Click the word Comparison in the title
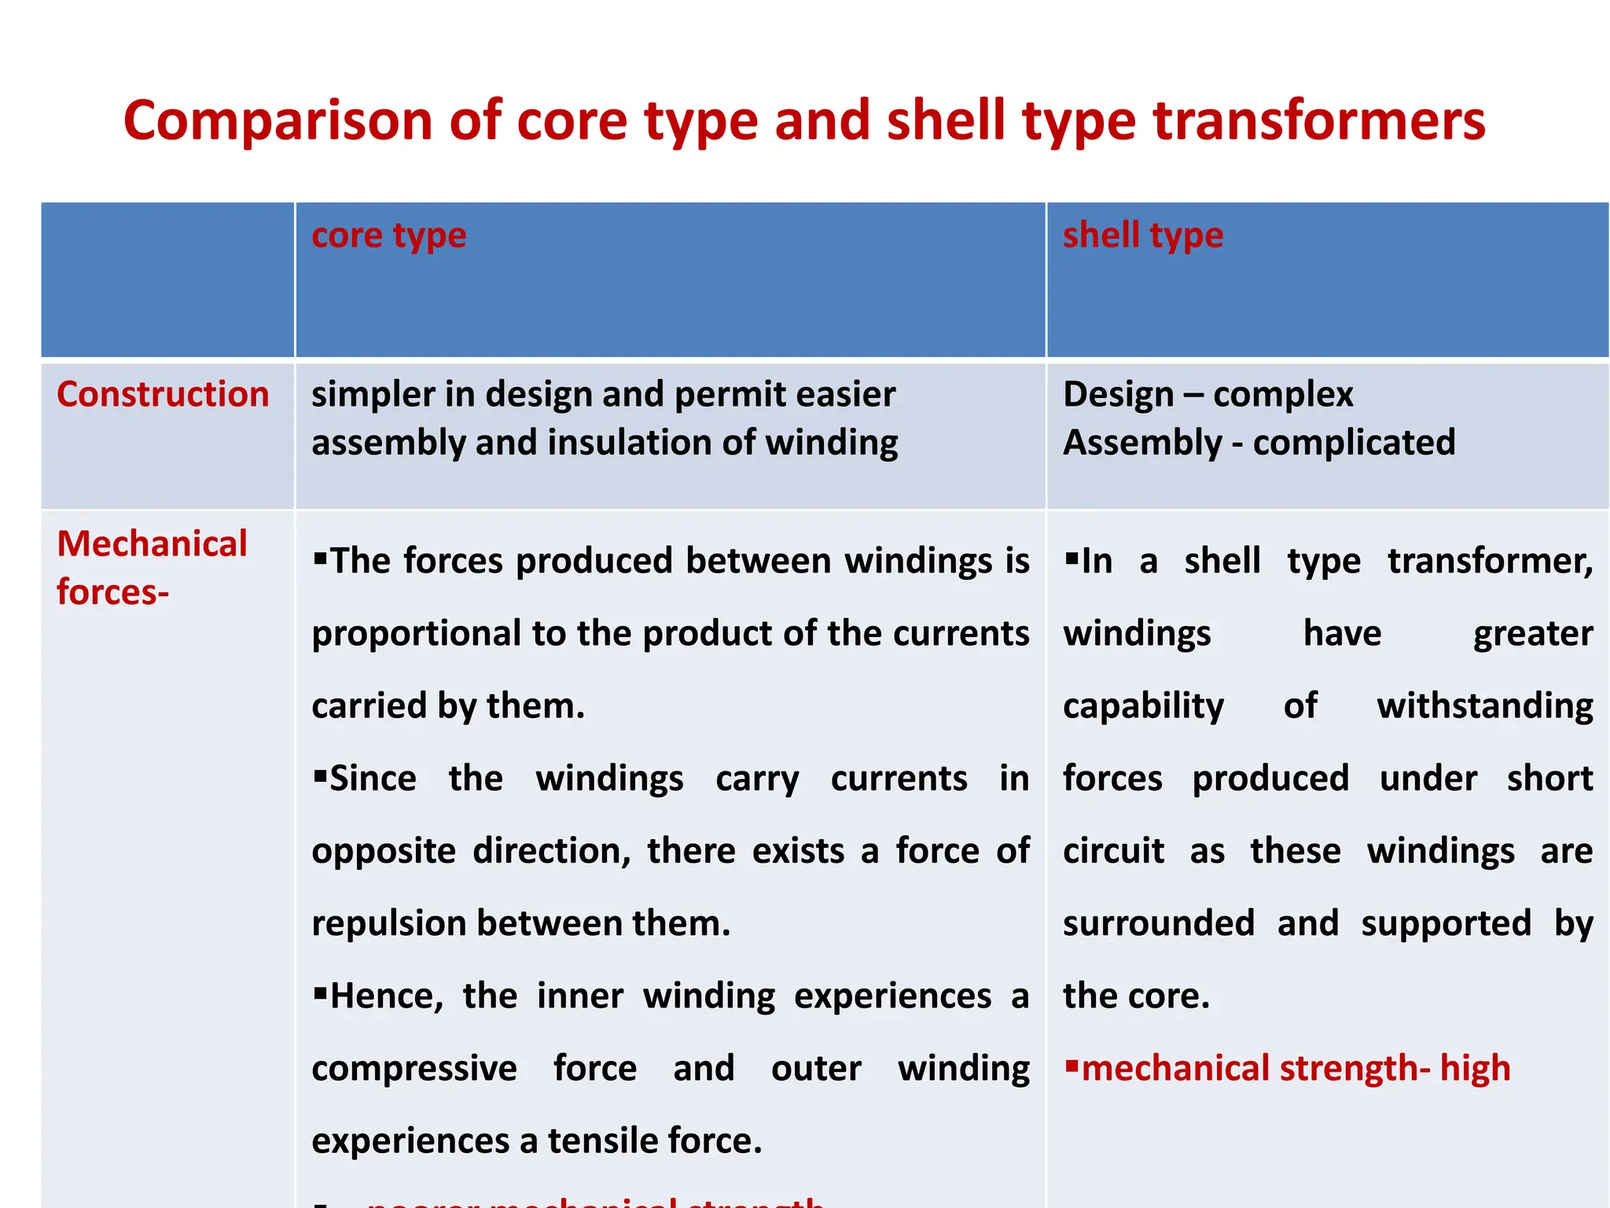[x=278, y=122]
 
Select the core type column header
[x=388, y=235]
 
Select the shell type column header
[x=1142, y=235]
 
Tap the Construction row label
[x=163, y=394]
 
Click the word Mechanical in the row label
[x=152, y=543]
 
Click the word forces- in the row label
[x=112, y=592]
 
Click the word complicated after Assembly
[x=1354, y=443]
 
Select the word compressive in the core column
[x=414, y=1069]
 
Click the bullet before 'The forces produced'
[x=320, y=558]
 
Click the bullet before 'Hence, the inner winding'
[x=320, y=993]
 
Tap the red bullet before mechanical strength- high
[x=1071, y=1066]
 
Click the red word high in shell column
[x=1475, y=1069]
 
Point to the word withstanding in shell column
[x=1484, y=706]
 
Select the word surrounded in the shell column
[x=1158, y=923]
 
